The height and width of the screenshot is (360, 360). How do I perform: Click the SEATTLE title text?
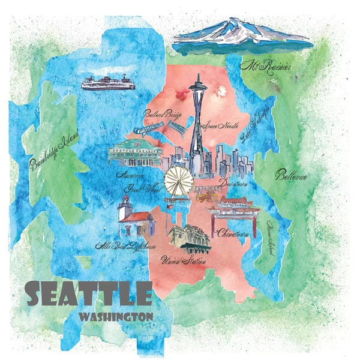point(89,293)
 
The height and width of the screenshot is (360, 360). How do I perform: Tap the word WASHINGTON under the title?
point(115,314)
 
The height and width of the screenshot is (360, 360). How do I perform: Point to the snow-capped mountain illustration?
point(242,36)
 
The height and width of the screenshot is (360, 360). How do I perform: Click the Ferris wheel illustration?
point(179,179)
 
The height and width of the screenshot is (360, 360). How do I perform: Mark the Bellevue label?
point(291,176)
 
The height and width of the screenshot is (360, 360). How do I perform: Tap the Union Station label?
point(185,261)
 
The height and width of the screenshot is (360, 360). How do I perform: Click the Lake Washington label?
point(253,125)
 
